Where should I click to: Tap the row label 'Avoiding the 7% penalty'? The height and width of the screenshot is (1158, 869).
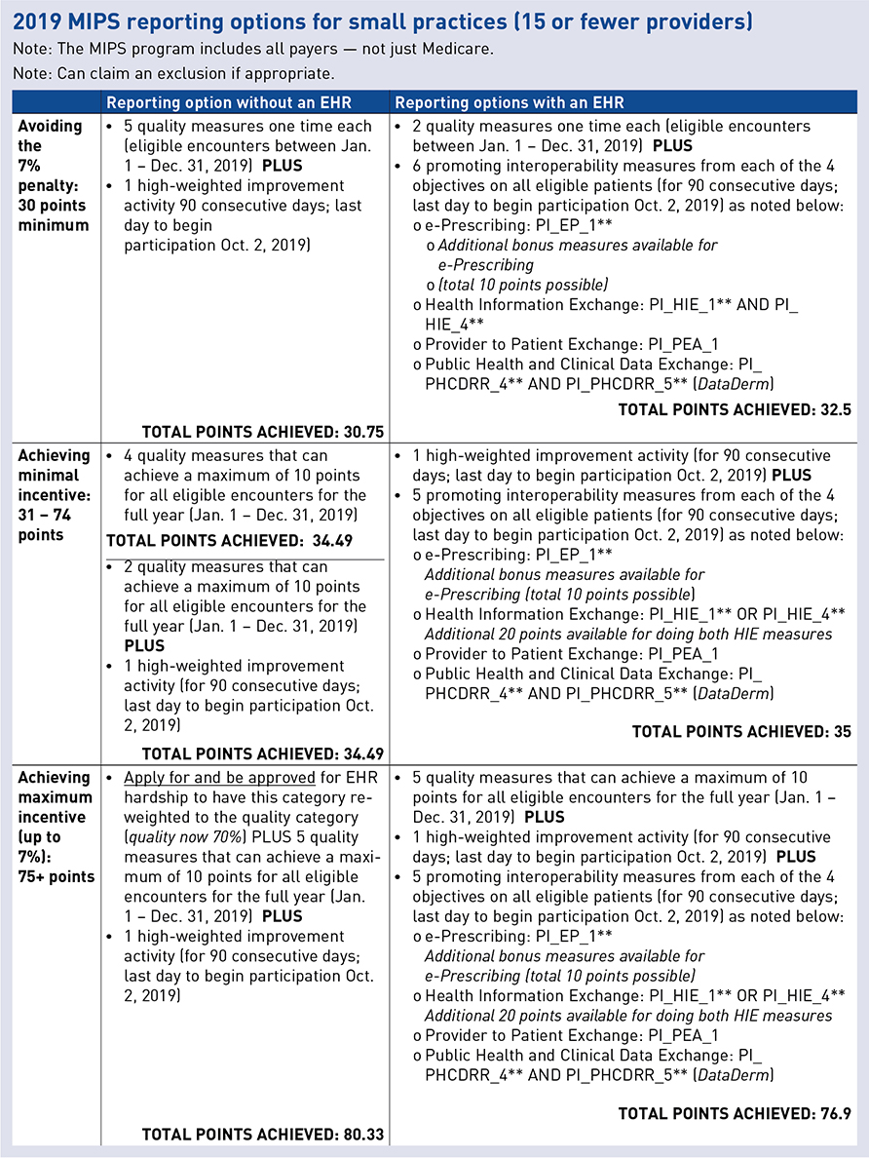click(52, 175)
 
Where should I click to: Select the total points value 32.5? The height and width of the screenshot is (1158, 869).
click(834, 410)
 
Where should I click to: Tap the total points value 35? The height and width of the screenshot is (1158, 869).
click(843, 731)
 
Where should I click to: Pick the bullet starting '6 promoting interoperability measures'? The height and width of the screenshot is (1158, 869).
click(624, 167)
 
